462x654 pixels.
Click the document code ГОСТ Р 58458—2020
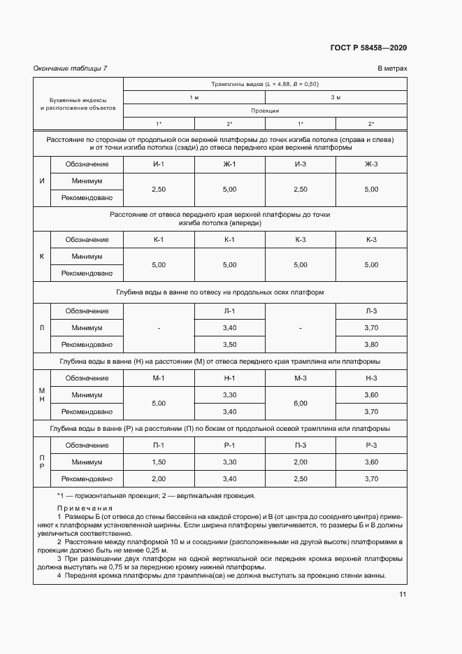tap(368, 48)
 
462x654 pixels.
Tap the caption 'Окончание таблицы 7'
tap(71, 69)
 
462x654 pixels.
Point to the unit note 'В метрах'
tap(392, 69)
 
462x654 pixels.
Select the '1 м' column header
tap(194, 97)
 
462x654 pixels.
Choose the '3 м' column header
tap(335, 97)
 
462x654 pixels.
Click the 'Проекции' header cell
tap(265, 111)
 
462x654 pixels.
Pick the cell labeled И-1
tap(159, 164)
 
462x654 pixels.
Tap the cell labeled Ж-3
tap(371, 164)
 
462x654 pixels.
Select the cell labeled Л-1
tap(229, 311)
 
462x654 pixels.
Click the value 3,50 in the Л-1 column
tap(229, 345)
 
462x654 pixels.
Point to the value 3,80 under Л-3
tap(371, 345)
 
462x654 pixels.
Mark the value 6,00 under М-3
tap(301, 404)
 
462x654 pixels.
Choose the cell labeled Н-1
tap(229, 378)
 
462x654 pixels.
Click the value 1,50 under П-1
tap(159, 462)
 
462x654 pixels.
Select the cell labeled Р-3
tap(371, 446)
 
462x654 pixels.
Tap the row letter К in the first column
tap(42, 257)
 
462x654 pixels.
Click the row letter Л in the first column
tap(42, 327)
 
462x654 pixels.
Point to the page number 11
tap(403, 595)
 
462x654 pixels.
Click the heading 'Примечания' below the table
tap(85, 509)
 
